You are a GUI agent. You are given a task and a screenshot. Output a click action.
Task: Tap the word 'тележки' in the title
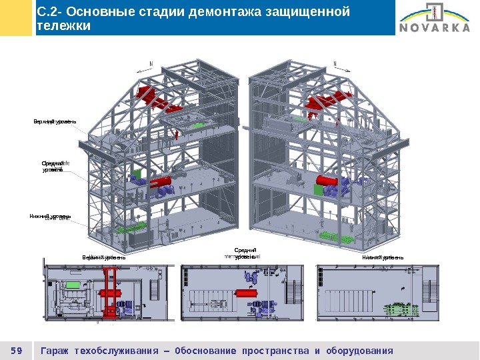coord(63,26)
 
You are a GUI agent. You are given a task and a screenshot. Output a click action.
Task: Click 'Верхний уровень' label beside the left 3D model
coord(55,122)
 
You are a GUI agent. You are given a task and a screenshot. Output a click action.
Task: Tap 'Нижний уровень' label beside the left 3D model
coord(49,217)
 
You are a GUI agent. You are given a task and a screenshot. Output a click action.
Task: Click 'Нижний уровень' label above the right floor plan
coord(383,257)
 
